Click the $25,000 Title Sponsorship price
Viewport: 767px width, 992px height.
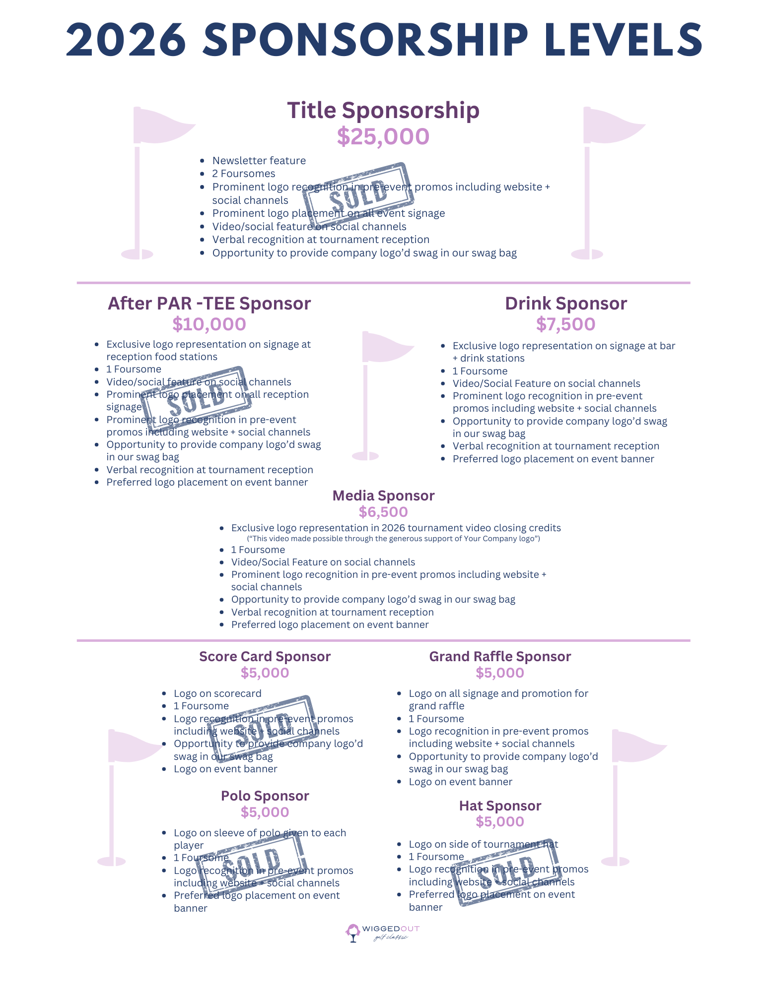pyautogui.click(x=383, y=136)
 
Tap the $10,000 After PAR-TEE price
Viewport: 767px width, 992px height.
pyautogui.click(x=209, y=324)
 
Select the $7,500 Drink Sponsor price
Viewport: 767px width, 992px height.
pyautogui.click(x=565, y=324)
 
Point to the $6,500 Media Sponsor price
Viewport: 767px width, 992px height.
pyautogui.click(x=383, y=512)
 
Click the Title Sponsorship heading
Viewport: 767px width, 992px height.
pyautogui.click(x=383, y=110)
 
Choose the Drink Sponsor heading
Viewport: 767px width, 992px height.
pyautogui.click(x=566, y=304)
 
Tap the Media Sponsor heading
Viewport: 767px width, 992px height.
pyautogui.click(x=383, y=496)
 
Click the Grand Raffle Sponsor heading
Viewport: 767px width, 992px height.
pyautogui.click(x=500, y=656)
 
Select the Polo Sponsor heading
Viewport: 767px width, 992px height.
pyautogui.click(x=265, y=796)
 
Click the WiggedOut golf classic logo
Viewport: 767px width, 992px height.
pyautogui.click(x=383, y=932)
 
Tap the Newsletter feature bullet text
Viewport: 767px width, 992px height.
pyautogui.click(x=259, y=161)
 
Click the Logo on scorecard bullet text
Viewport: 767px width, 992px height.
pyautogui.click(x=217, y=693)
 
